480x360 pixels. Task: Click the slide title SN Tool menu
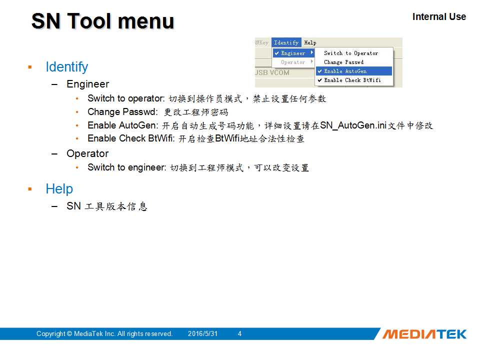103,21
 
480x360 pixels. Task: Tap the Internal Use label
439,16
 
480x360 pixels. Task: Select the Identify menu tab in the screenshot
286,42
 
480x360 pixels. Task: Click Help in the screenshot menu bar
310,42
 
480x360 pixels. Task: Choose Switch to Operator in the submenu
351,53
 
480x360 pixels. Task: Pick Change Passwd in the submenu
344,62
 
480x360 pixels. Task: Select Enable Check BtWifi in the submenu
352,80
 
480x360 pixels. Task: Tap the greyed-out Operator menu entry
293,62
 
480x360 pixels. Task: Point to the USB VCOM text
272,72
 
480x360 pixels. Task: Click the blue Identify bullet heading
66,67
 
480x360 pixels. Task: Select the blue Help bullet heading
59,189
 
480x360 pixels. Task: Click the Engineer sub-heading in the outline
88,84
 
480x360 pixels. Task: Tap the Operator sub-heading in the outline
87,153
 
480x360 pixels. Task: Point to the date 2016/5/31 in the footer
202,333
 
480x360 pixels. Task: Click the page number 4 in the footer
239,333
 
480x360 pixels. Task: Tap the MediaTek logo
424,334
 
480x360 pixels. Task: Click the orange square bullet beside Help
30,189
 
